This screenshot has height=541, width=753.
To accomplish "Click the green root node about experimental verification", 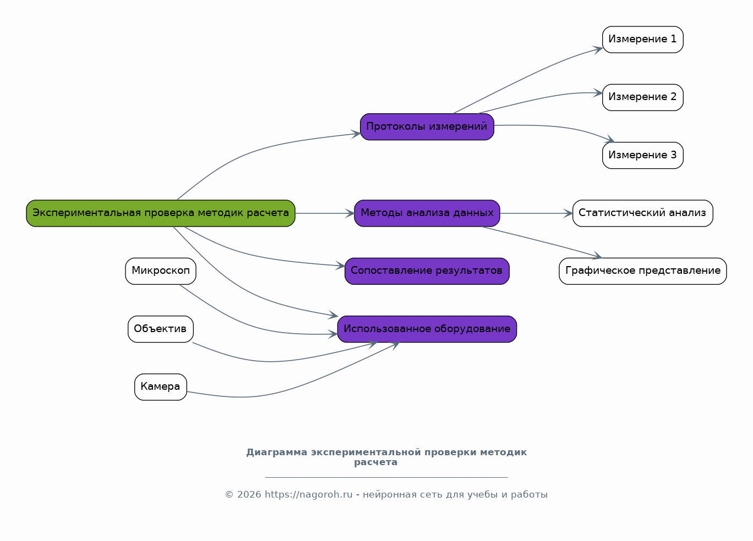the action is (161, 213).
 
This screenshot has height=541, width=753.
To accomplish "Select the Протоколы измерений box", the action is (427, 126).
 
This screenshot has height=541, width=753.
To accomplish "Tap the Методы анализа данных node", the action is (427, 213).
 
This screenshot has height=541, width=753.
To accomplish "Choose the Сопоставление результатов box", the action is (427, 271).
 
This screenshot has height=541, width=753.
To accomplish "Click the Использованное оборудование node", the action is (427, 329).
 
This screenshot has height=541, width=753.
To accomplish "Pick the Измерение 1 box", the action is (643, 40).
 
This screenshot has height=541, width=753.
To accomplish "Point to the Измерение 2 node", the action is (643, 97).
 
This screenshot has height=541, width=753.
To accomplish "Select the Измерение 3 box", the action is (643, 155).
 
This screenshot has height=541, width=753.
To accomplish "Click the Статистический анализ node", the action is (643, 213).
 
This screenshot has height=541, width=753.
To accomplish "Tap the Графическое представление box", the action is (643, 271).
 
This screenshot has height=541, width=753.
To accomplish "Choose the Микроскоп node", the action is (161, 271).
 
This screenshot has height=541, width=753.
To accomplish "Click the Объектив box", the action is (161, 329).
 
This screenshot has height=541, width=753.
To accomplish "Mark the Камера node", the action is (161, 387).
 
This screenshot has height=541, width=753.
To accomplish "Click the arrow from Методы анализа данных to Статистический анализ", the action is (536, 213).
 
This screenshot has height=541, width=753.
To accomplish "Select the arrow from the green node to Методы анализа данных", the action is (325, 213).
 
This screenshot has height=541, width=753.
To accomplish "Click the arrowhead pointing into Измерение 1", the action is (597, 50).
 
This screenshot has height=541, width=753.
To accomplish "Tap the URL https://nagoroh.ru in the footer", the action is (309, 495).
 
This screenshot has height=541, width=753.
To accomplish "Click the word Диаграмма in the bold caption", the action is (277, 452).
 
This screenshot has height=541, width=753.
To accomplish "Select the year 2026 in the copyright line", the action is (249, 495).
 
